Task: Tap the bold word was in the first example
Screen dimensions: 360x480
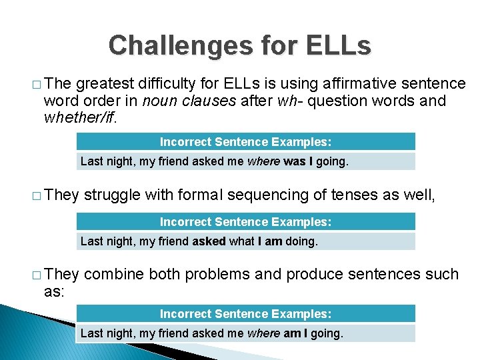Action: tap(293, 161)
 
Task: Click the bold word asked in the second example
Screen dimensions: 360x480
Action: tap(209, 241)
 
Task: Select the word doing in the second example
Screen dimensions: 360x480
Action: tap(302, 241)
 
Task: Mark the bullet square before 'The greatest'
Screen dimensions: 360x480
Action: tap(35, 85)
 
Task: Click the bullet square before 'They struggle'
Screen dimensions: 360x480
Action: tap(35, 196)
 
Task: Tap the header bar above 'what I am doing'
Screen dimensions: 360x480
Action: tap(245, 221)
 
